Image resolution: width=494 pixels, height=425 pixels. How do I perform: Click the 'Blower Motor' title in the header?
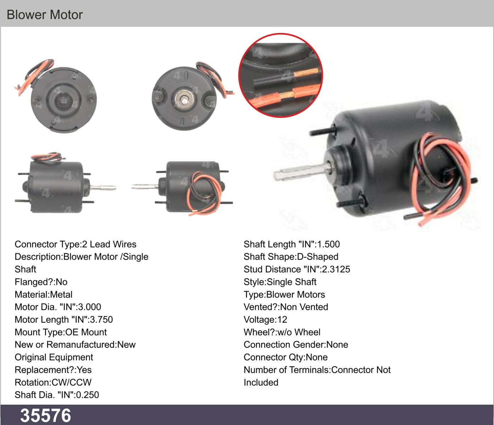coord(45,15)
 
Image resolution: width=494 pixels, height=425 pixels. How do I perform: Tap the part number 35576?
coord(46,416)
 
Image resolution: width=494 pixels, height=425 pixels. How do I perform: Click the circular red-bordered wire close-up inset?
coord(280,75)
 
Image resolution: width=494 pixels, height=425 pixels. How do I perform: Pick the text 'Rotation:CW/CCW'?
coord(53,382)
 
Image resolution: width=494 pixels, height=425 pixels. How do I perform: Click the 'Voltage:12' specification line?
coord(265,319)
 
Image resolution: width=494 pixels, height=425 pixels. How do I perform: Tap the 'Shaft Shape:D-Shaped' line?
coord(291,257)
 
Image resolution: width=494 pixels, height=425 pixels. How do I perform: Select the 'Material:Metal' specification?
coord(44,294)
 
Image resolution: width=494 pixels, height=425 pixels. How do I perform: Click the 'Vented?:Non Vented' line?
coord(286,307)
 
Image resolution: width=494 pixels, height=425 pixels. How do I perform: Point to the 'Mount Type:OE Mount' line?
coord(61,332)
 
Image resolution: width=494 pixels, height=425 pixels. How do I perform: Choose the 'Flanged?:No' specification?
coord(41,282)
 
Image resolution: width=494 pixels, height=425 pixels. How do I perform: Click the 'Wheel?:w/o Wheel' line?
coord(282,332)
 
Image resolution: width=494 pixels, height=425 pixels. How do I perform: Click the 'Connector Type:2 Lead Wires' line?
coord(75,244)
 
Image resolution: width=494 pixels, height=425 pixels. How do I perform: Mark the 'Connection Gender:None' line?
coord(296,345)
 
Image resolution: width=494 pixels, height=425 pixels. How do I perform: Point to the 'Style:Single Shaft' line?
coord(280,282)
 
